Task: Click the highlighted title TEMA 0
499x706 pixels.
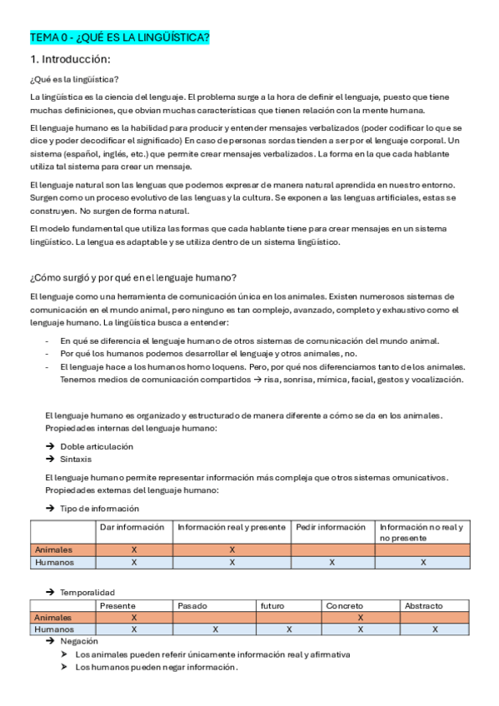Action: click(x=119, y=38)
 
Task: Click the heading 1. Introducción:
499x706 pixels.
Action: click(x=70, y=59)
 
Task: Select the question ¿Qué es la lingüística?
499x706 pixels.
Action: click(x=73, y=80)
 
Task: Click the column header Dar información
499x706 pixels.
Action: click(x=132, y=527)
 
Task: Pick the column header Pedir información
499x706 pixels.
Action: click(x=331, y=527)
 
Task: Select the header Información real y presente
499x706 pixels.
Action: click(x=232, y=527)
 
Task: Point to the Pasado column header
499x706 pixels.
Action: click(x=193, y=605)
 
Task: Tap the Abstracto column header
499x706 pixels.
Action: click(x=423, y=605)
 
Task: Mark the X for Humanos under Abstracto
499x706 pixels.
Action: click(x=435, y=629)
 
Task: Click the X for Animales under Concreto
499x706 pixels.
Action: click(x=360, y=618)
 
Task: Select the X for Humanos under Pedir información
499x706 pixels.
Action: click(x=332, y=562)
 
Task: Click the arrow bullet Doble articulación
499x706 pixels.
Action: click(x=96, y=446)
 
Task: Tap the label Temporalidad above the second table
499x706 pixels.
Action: click(x=87, y=592)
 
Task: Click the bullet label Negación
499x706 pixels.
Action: click(x=78, y=641)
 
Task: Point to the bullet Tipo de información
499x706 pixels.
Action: click(x=99, y=508)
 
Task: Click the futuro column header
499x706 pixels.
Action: click(x=272, y=605)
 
